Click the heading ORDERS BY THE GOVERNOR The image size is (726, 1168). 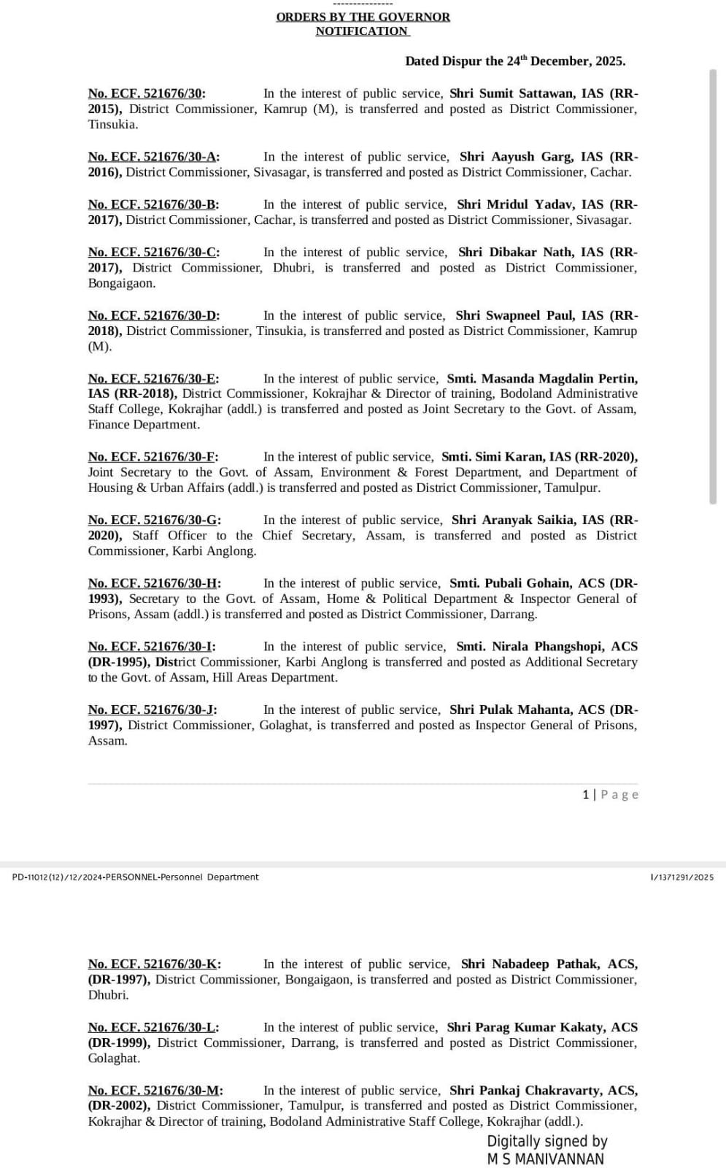[363, 17]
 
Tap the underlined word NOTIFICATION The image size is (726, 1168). [362, 31]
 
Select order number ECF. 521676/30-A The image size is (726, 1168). [154, 157]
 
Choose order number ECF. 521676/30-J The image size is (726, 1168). [152, 710]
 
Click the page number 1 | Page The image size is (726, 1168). [610, 794]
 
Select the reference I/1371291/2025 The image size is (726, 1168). [681, 877]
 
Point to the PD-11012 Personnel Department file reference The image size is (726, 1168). [136, 877]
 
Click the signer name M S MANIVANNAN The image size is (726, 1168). [545, 1159]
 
